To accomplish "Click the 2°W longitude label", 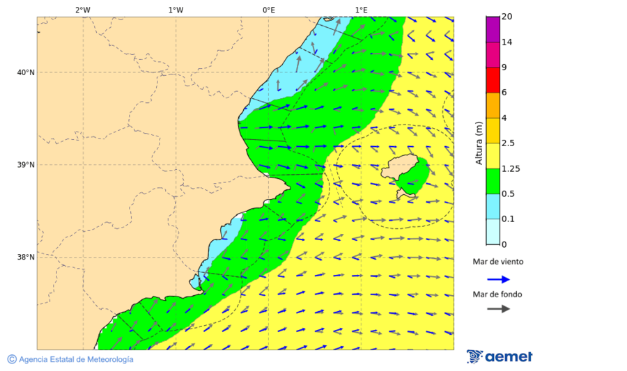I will pos(82,10).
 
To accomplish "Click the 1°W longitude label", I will pos(176,10).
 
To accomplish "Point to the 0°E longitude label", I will pos(268,10).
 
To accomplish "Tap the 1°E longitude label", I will pos(361,10).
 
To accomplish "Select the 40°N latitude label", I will pos(25,72).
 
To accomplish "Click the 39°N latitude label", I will pos(25,165).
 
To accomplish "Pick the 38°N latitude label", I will pos(25,258).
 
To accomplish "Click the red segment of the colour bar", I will pos(493,80).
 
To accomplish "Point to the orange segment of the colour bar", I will pos(493,105).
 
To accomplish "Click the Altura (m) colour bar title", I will pos(479,143).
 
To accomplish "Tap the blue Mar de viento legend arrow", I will pos(498,279).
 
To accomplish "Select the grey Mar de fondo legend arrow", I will pos(498,309).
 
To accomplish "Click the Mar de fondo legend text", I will pos(497,294).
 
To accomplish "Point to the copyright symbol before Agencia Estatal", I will pos(12,359).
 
